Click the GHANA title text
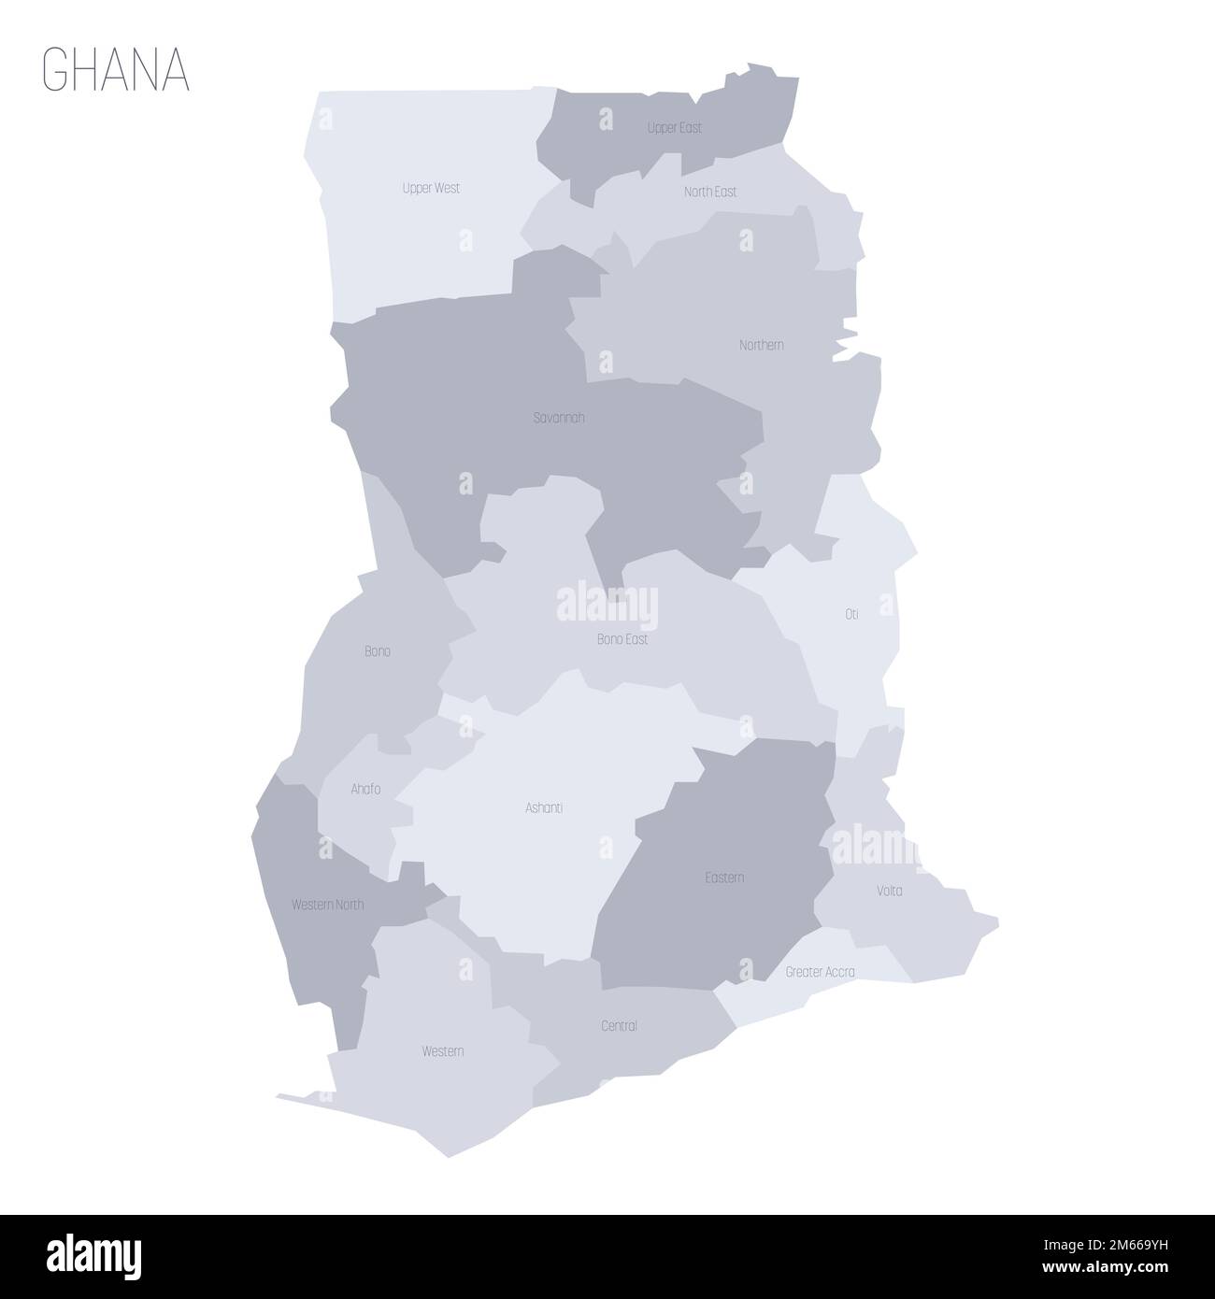(x=116, y=71)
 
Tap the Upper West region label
(x=431, y=188)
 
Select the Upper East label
(x=674, y=127)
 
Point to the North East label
(x=709, y=192)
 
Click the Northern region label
(x=761, y=345)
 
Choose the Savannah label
(x=559, y=418)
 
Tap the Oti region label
(x=851, y=614)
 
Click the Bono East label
(x=622, y=640)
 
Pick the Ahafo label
(x=365, y=790)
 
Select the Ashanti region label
(x=544, y=807)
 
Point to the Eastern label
(x=724, y=878)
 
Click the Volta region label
(x=889, y=891)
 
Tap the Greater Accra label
(x=820, y=972)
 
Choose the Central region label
(x=619, y=1026)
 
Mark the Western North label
(x=327, y=905)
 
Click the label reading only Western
(x=442, y=1051)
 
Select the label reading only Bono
(x=378, y=651)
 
